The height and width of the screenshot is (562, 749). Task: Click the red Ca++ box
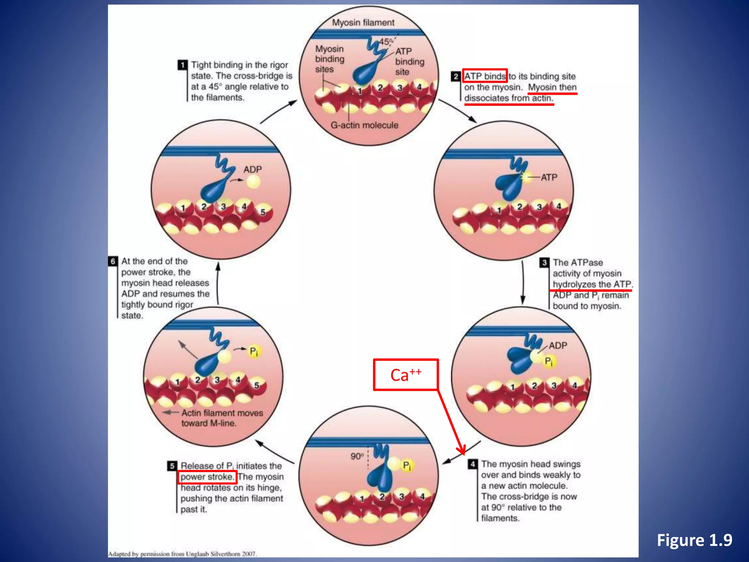406,375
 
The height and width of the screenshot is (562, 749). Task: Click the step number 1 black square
182,65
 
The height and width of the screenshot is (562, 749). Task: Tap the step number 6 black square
113,261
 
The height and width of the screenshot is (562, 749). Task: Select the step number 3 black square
544,262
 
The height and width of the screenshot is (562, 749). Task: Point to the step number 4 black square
473,464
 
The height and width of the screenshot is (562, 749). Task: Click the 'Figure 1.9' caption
694,540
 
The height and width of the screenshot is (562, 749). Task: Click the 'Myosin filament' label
363,23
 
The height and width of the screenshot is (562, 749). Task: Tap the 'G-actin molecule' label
364,125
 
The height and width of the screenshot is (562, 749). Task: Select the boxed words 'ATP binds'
485,76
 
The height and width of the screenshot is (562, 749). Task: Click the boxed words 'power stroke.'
207,477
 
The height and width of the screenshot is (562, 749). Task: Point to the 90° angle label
357,456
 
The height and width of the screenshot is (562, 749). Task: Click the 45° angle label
385,42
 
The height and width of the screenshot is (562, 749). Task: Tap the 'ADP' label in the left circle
252,169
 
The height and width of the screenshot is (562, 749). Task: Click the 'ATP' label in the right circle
549,177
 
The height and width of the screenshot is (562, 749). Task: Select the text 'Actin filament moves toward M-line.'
222,418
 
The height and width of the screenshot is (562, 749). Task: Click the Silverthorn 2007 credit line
182,554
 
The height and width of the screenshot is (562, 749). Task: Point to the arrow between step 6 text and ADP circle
218,284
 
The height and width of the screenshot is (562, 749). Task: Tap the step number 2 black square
455,76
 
